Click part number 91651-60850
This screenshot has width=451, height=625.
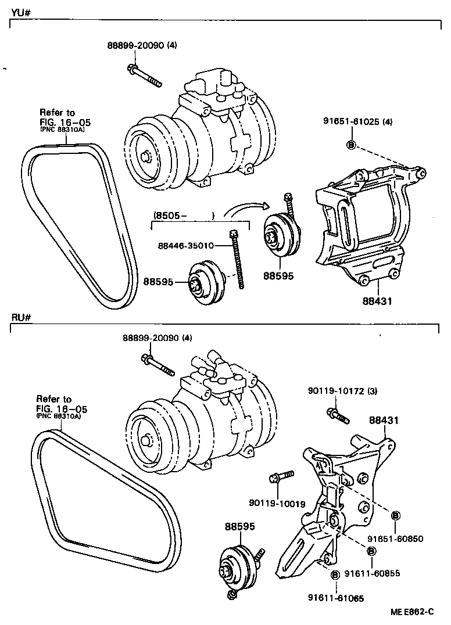(x=399, y=538)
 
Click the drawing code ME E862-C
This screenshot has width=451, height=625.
(x=414, y=612)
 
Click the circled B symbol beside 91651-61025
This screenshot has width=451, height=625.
(x=351, y=144)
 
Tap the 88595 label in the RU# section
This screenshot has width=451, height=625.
(x=239, y=526)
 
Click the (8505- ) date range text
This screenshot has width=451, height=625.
(x=184, y=215)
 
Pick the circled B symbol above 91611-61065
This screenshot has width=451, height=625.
(x=335, y=574)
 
